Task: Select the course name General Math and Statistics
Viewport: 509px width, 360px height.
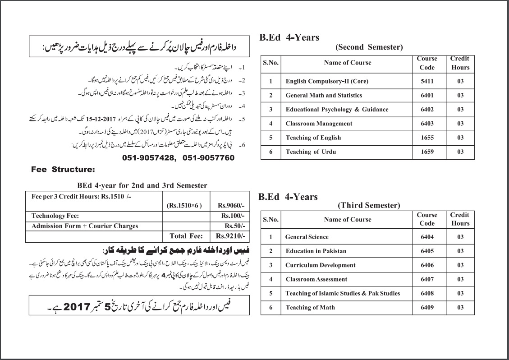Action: [x=324, y=95]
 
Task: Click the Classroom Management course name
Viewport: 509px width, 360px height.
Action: [x=319, y=124]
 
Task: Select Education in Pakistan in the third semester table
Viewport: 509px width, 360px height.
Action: [x=316, y=251]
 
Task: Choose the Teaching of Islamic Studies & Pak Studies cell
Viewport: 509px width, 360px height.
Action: [x=343, y=293]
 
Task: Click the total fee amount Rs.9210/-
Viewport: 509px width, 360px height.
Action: [x=230, y=236]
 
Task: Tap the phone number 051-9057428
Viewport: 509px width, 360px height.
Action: [x=149, y=158]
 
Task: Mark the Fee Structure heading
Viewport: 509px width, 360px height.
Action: [x=63, y=170]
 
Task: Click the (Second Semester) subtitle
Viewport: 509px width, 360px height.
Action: [x=369, y=47]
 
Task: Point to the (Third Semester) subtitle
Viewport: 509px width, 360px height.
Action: [x=369, y=206]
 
